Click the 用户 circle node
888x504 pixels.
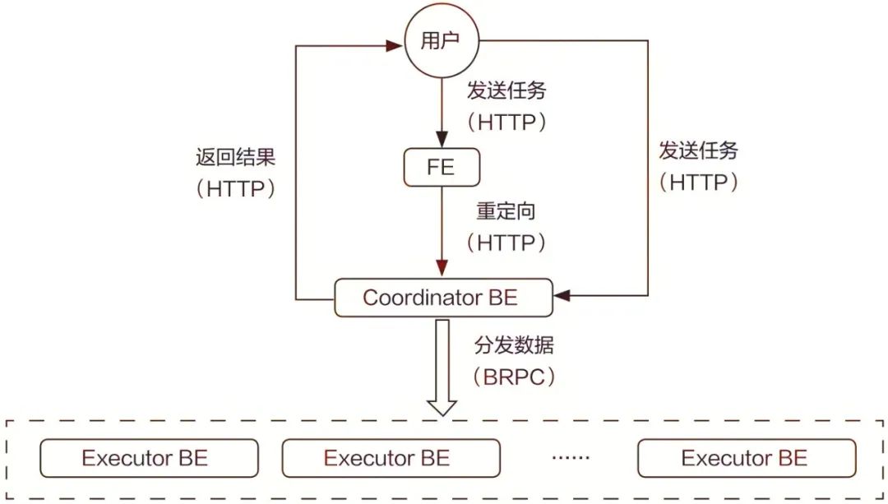coord(442,41)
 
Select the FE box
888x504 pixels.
coord(442,168)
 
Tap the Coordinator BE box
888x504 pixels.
coord(442,298)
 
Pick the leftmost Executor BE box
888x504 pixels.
coord(149,458)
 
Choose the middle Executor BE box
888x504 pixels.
coord(391,458)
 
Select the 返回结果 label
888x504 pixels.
coord(235,157)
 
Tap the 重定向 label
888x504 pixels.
coord(506,211)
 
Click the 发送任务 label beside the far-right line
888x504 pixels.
coord(698,150)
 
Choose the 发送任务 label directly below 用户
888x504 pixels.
coord(506,90)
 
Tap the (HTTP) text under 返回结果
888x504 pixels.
coord(235,189)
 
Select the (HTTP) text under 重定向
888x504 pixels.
coord(506,243)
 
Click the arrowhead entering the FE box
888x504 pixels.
coord(442,140)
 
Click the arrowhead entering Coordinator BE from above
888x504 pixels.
coord(442,269)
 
